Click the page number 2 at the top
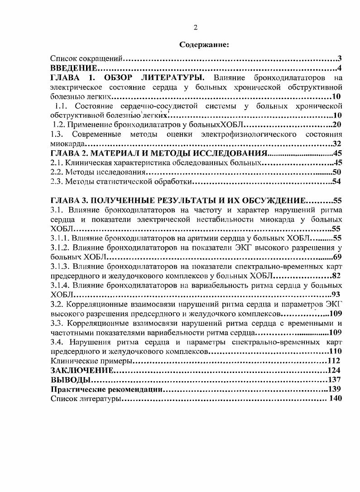tap(195, 28)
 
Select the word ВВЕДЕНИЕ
tap(73, 69)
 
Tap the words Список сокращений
tap(86, 59)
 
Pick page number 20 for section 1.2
tap(336, 124)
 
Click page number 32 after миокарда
tap(336, 144)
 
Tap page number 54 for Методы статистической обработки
tap(336, 182)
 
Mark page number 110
tap(335, 351)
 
